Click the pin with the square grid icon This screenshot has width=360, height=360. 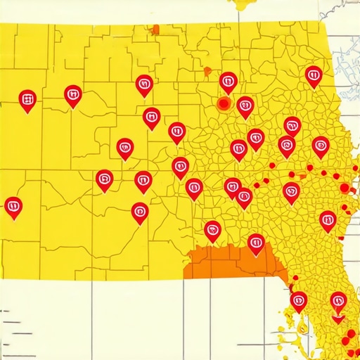click(27, 100)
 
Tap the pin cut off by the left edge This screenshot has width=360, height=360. click(13, 207)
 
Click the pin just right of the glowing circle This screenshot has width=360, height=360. click(245, 106)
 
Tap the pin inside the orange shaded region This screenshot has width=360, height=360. click(256, 243)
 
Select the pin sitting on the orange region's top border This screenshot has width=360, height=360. click(212, 229)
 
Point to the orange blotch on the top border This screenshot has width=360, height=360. click(155, 30)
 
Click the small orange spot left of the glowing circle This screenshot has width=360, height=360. click(207, 71)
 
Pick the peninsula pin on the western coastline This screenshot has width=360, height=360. click(299, 300)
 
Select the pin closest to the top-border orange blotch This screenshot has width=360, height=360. click(143, 84)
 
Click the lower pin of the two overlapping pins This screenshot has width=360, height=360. click(244, 197)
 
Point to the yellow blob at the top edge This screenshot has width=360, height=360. click(243, 4)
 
